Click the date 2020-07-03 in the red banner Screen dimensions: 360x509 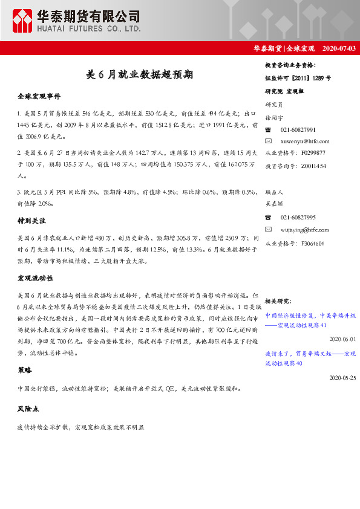click(339, 48)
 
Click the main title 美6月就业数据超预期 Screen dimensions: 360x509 click(140, 75)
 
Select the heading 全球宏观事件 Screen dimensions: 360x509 click(39, 96)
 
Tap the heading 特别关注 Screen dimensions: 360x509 click(32, 222)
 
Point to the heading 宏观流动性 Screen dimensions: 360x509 click(36, 278)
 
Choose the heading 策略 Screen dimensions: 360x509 click(25, 369)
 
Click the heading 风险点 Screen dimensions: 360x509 click(28, 409)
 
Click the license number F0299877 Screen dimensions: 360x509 click(313, 153)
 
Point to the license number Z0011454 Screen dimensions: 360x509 click(313, 165)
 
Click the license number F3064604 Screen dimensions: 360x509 click(312, 243)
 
